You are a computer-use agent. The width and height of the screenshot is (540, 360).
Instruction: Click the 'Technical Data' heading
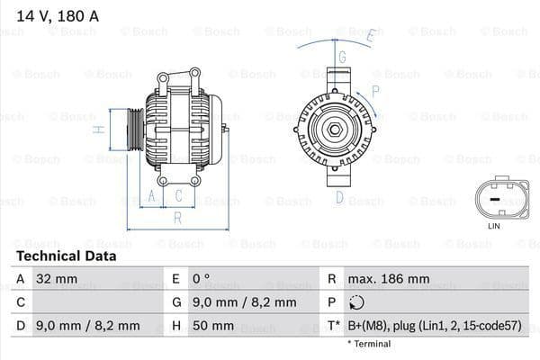(x=65, y=256)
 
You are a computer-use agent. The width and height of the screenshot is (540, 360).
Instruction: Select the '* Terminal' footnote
(x=369, y=344)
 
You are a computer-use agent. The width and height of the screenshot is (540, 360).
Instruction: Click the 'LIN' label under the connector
(x=494, y=227)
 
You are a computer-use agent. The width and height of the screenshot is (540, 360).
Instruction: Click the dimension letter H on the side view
(x=101, y=130)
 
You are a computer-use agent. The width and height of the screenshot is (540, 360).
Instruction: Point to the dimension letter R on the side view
(x=177, y=218)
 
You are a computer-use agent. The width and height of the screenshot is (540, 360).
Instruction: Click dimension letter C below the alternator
(x=179, y=194)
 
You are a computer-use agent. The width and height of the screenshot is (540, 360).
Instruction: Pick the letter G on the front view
(x=342, y=56)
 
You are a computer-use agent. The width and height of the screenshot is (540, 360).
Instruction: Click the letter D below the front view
(x=339, y=197)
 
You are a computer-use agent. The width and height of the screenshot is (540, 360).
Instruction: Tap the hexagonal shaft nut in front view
(x=334, y=131)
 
